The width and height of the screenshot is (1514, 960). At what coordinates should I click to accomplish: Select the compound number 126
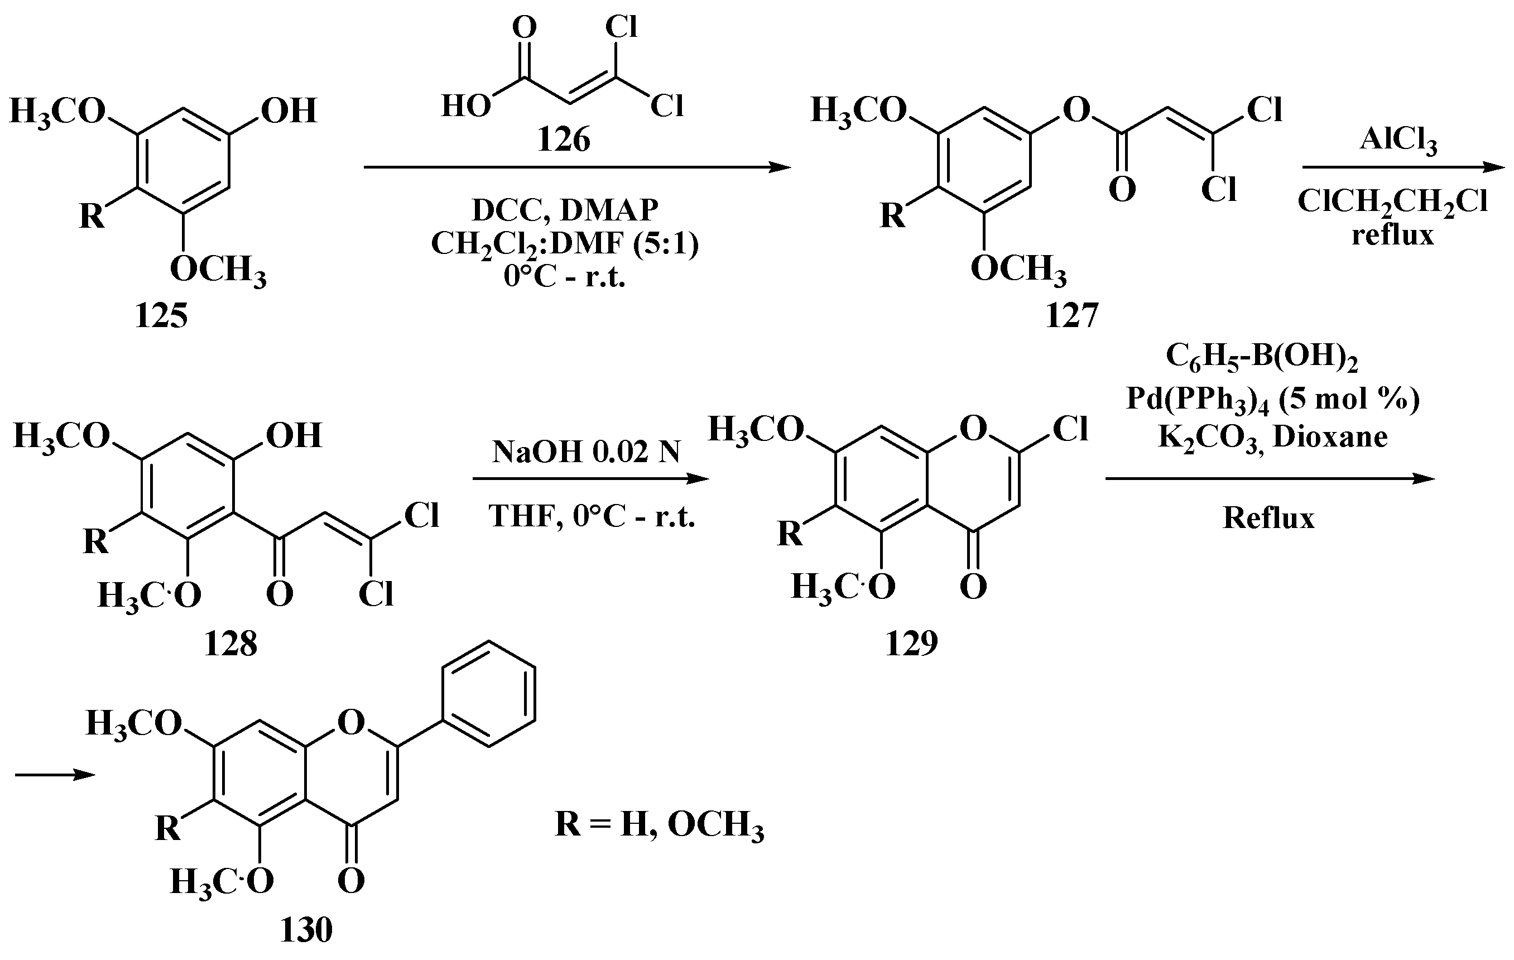[x=563, y=140]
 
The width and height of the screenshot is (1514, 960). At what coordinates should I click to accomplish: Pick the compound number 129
[x=911, y=643]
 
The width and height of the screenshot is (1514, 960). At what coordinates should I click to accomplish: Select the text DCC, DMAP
[x=565, y=210]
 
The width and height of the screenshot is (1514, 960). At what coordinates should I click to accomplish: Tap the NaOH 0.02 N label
[x=586, y=452]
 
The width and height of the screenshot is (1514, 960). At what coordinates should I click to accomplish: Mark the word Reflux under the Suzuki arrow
[x=1268, y=518]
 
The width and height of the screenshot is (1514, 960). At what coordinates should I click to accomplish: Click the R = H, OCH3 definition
[x=659, y=825]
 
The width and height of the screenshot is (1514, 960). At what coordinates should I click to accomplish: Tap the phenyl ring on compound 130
[x=488, y=694]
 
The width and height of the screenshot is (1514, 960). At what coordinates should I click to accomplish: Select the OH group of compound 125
[x=289, y=111]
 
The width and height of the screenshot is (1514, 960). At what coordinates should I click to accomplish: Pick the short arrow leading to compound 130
[x=55, y=775]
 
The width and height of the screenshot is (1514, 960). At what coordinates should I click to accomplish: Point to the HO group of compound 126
[x=466, y=106]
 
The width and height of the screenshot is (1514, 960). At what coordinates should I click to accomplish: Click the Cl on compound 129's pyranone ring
[x=1070, y=430]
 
